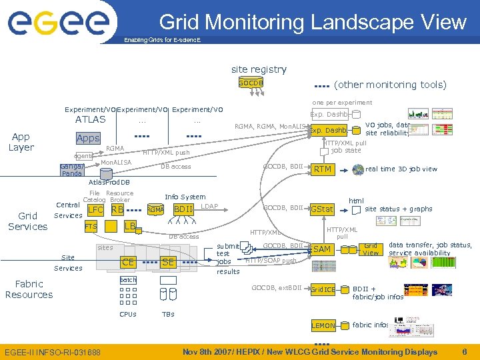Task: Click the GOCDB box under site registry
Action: pyautogui.click(x=251, y=83)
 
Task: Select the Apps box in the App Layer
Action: pyautogui.click(x=88, y=139)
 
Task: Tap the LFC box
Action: pyautogui.click(x=95, y=210)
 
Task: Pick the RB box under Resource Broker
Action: pyautogui.click(x=117, y=210)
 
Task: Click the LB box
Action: pyautogui.click(x=131, y=227)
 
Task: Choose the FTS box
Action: pyautogui.click(x=91, y=227)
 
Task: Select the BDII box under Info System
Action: pyautogui.click(x=183, y=210)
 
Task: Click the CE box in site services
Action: pyautogui.click(x=128, y=262)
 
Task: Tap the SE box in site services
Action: pyautogui.click(x=168, y=262)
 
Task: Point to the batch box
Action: pyautogui.click(x=128, y=280)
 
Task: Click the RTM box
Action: pyautogui.click(x=323, y=169)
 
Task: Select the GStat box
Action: pyautogui.click(x=322, y=209)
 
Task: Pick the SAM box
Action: pyautogui.click(x=322, y=249)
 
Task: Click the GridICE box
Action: pyautogui.click(x=323, y=290)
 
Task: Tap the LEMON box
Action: pyautogui.click(x=323, y=326)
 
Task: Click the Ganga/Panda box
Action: pyautogui.click(x=72, y=169)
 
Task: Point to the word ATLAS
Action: pyautogui.click(x=90, y=120)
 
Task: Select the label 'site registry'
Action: pyautogui.click(x=259, y=69)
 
